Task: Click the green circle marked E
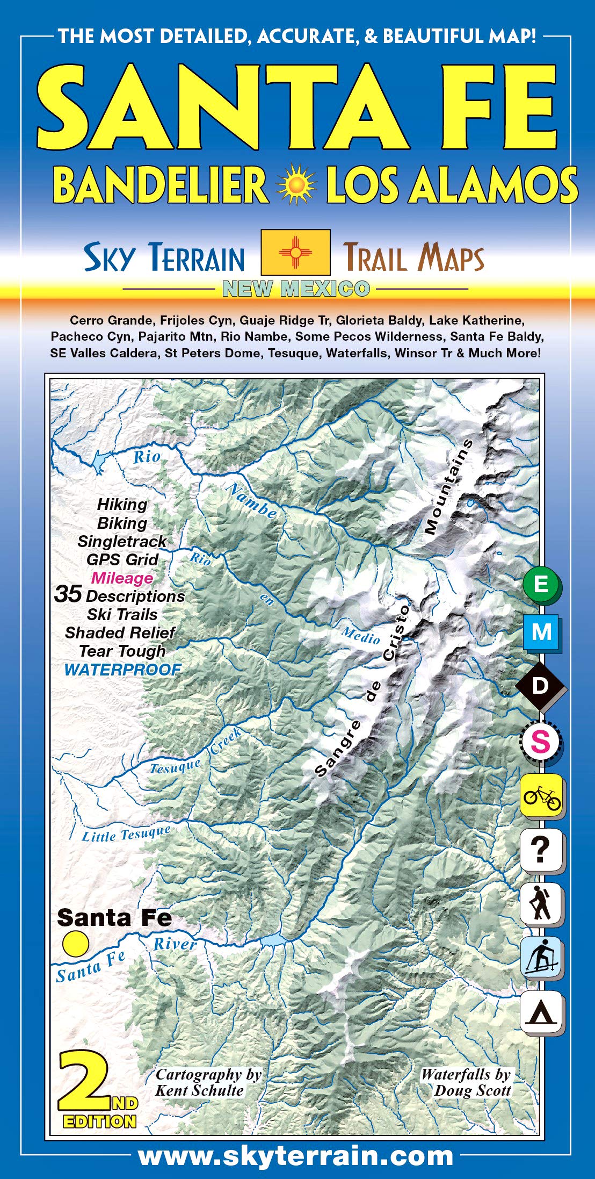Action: pos(541,584)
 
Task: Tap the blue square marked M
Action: pos(541,632)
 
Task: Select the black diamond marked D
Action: pos(541,685)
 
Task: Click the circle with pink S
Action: pos(540,742)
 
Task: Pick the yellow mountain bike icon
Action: pos(541,796)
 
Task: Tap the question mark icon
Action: pos(541,850)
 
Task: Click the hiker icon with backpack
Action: pos(541,903)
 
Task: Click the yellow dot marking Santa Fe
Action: pos(75,944)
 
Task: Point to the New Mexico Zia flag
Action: pos(295,252)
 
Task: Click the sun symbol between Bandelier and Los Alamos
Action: pos(296,185)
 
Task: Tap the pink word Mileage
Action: pos(122,578)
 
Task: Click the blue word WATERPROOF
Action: pos(122,670)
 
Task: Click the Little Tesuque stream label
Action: pos(126,833)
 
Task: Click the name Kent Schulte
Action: pos(199,1090)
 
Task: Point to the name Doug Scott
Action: pos(472,1090)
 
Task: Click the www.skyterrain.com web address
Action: pos(296,1156)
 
